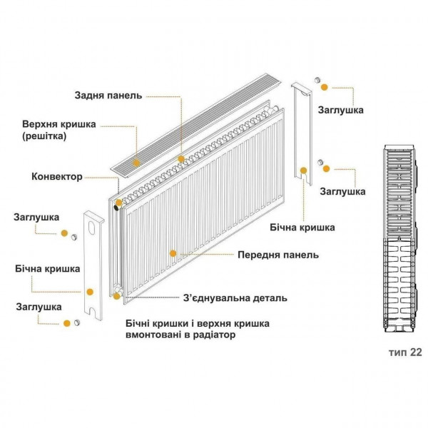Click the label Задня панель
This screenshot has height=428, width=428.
pyautogui.click(x=108, y=95)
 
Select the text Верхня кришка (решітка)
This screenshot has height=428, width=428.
pyautogui.click(x=58, y=130)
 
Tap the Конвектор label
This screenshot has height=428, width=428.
pyautogui.click(x=57, y=176)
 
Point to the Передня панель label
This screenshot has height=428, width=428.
pyautogui.click(x=278, y=255)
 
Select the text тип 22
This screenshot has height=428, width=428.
pyautogui.click(x=405, y=352)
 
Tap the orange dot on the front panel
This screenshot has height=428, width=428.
pyautogui.click(x=172, y=253)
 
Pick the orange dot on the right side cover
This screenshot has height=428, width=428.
pyautogui.click(x=303, y=170)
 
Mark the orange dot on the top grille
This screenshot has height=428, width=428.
pyautogui.click(x=181, y=158)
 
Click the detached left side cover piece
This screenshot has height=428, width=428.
pyautogui.click(x=93, y=264)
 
